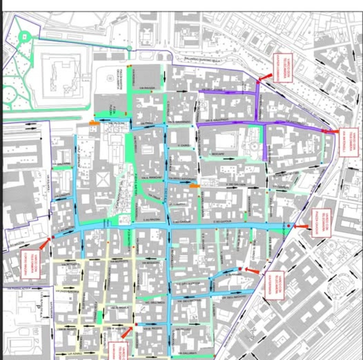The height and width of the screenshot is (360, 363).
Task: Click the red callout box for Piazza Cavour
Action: [x=321, y=223]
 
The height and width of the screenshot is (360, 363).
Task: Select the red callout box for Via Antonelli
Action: [x=349, y=142]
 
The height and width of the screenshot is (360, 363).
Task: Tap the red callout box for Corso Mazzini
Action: [x=31, y=264]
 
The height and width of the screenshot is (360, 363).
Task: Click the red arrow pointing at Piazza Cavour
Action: [x=301, y=226]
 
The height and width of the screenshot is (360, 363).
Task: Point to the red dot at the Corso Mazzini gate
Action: [x=53, y=238]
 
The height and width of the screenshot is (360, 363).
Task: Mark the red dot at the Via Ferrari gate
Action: [x=240, y=268]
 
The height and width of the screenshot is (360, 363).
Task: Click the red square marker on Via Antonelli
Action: [x=325, y=131]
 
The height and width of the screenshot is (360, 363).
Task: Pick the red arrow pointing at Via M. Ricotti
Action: [x=127, y=332]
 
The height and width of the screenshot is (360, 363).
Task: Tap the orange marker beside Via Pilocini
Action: [x=94, y=123]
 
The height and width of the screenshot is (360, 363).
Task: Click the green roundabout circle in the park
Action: [x=24, y=36]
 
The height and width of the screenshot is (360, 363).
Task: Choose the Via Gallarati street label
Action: [x=185, y=353]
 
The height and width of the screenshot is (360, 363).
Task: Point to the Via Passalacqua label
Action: [x=12, y=288]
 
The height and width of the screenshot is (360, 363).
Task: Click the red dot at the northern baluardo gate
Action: [x=258, y=82]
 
